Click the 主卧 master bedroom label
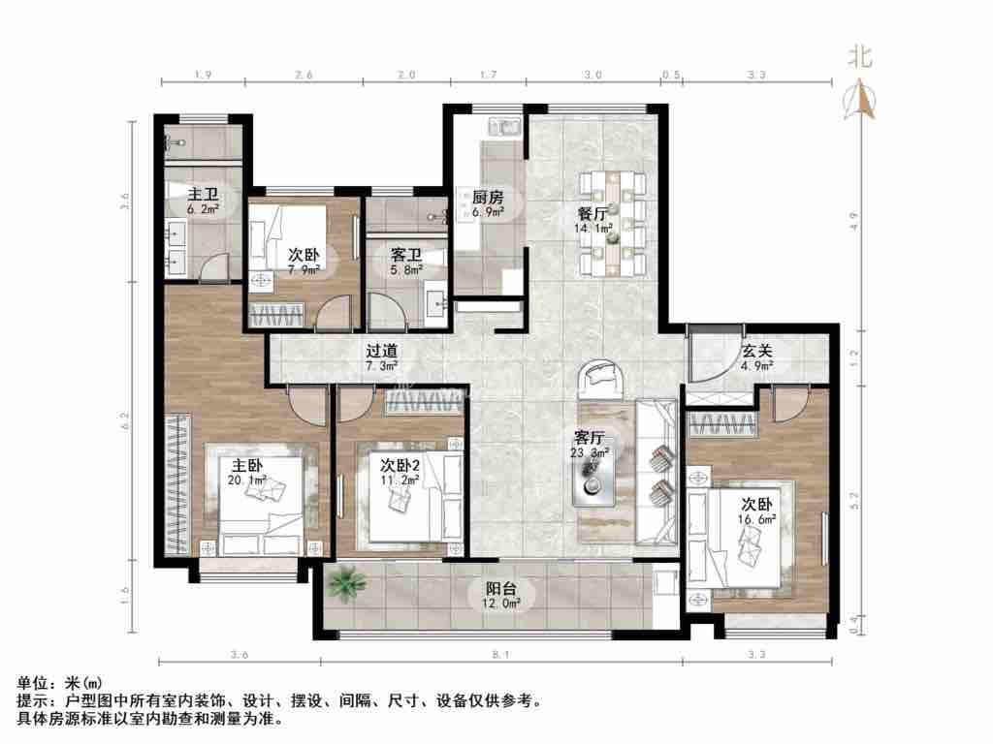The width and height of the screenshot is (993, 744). click(x=247, y=466)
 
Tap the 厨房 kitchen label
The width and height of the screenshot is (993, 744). click(x=488, y=198)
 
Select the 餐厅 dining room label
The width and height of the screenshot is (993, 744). click(x=593, y=214)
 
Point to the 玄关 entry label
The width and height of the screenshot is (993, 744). click(x=757, y=351)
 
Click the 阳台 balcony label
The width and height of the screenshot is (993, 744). click(x=501, y=589)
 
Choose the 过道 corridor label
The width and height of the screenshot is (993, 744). click(x=382, y=351)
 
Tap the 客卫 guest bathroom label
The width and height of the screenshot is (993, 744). click(x=406, y=255)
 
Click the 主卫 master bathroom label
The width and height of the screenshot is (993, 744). click(x=203, y=194)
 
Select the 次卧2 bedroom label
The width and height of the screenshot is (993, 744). click(x=400, y=466)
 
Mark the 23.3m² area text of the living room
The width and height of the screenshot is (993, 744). click(x=590, y=453)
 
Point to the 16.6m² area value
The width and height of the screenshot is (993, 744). click(x=756, y=519)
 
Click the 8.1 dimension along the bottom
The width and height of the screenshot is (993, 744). click(x=501, y=655)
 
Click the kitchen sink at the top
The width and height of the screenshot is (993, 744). click(x=503, y=127)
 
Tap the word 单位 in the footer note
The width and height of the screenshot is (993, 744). click(x=32, y=683)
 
